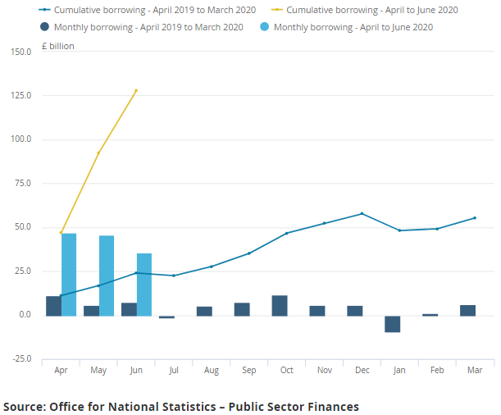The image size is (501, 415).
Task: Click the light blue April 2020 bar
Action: pos(69,275)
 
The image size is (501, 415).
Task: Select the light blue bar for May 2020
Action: pos(107,276)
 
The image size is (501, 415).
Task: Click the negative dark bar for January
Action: pos(393,324)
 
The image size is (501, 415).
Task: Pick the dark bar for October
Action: pos(280,306)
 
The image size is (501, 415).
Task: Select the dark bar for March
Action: pos(468,310)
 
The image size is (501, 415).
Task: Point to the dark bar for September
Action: pos(242,309)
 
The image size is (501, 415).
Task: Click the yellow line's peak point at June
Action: pos(136,90)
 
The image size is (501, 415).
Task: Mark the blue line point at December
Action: pos(362,214)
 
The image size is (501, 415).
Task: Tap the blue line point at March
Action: pos(475,218)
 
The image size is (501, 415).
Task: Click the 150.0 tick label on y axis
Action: pos(20,52)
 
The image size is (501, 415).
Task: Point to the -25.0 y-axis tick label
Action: pos(20,358)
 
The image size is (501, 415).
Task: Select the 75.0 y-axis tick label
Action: pos(20,183)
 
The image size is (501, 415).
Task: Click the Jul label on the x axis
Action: pos(174,371)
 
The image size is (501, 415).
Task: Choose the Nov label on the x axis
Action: pos(324,371)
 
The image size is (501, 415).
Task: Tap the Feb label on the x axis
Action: pos(437,371)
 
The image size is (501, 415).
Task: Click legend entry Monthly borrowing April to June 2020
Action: pos(353,27)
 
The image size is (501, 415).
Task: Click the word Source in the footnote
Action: pos(22,406)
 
